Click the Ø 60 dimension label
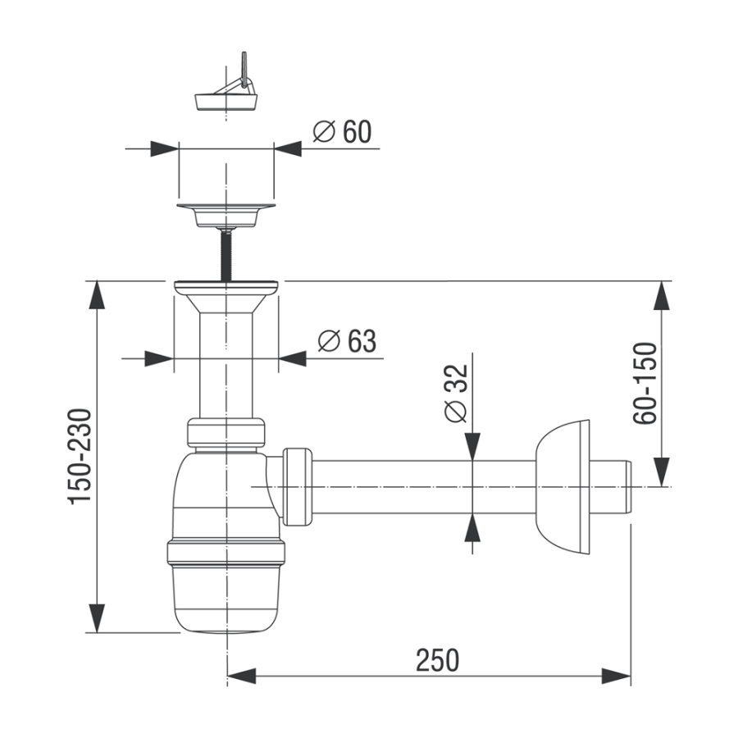click(342, 132)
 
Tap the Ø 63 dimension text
click(347, 341)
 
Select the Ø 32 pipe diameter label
click(456, 393)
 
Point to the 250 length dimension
click(437, 660)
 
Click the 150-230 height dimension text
click(80, 457)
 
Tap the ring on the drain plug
click(244, 70)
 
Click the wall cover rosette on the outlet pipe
click(563, 487)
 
